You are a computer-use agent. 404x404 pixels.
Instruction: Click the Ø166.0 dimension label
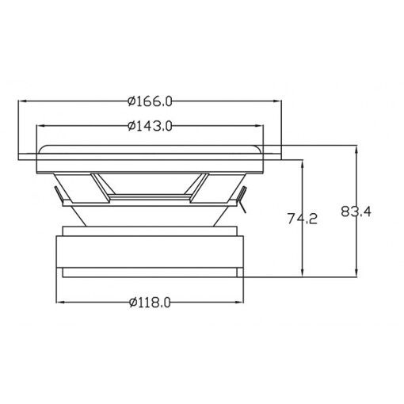coord(150,101)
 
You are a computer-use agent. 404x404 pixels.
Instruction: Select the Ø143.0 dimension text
coord(150,126)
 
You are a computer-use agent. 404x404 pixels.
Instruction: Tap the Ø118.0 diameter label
coord(150,303)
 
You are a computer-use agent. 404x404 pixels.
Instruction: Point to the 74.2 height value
coord(303,219)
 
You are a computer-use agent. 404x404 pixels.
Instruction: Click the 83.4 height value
coord(356,212)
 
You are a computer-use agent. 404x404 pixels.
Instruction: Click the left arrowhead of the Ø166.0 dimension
coord(22,101)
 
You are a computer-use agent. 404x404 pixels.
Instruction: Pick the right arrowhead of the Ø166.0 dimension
coord(277,101)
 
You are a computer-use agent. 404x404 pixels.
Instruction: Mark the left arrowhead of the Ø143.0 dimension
coord(40,126)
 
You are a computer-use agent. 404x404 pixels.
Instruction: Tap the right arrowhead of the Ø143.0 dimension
coord(259,126)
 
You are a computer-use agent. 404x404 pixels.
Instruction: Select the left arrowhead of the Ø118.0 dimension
coord(60,302)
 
